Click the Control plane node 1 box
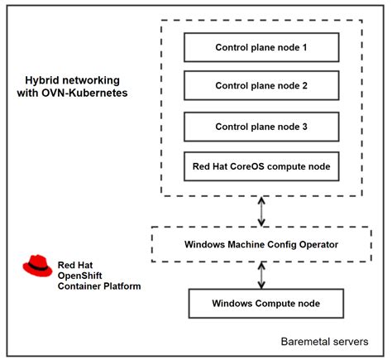pos(261,47)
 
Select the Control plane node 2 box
pos(261,84)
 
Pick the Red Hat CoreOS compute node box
pos(261,166)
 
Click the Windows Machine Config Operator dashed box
pos(261,244)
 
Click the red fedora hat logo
pos(37,265)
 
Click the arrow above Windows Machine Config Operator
pos(261,211)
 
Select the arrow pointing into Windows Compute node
pos(261,274)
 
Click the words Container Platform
pos(99,286)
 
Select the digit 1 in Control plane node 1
pos(304,47)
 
